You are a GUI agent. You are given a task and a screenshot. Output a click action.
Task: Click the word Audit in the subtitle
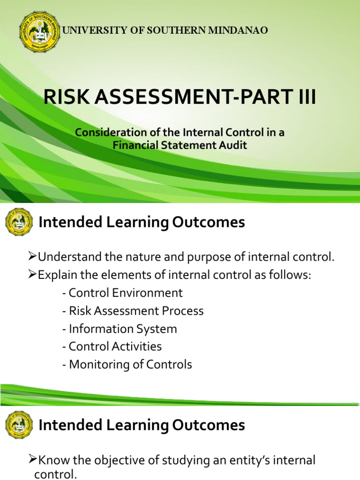point(234,145)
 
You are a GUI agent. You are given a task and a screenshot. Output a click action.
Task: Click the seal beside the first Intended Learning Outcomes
point(19,222)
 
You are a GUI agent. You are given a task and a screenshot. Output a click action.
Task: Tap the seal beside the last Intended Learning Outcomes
point(19,425)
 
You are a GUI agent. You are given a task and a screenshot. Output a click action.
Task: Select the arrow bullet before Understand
point(32,256)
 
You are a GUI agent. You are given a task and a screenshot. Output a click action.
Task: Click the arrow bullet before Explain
point(32,275)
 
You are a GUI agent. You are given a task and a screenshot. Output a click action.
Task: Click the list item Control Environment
point(122,293)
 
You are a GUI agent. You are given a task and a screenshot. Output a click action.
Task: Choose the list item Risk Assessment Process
point(133,311)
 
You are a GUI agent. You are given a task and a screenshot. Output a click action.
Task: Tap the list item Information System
point(119,329)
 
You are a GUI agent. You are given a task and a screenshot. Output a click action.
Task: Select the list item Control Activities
point(112,346)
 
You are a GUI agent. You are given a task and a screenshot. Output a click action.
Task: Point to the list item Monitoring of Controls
point(127,364)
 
